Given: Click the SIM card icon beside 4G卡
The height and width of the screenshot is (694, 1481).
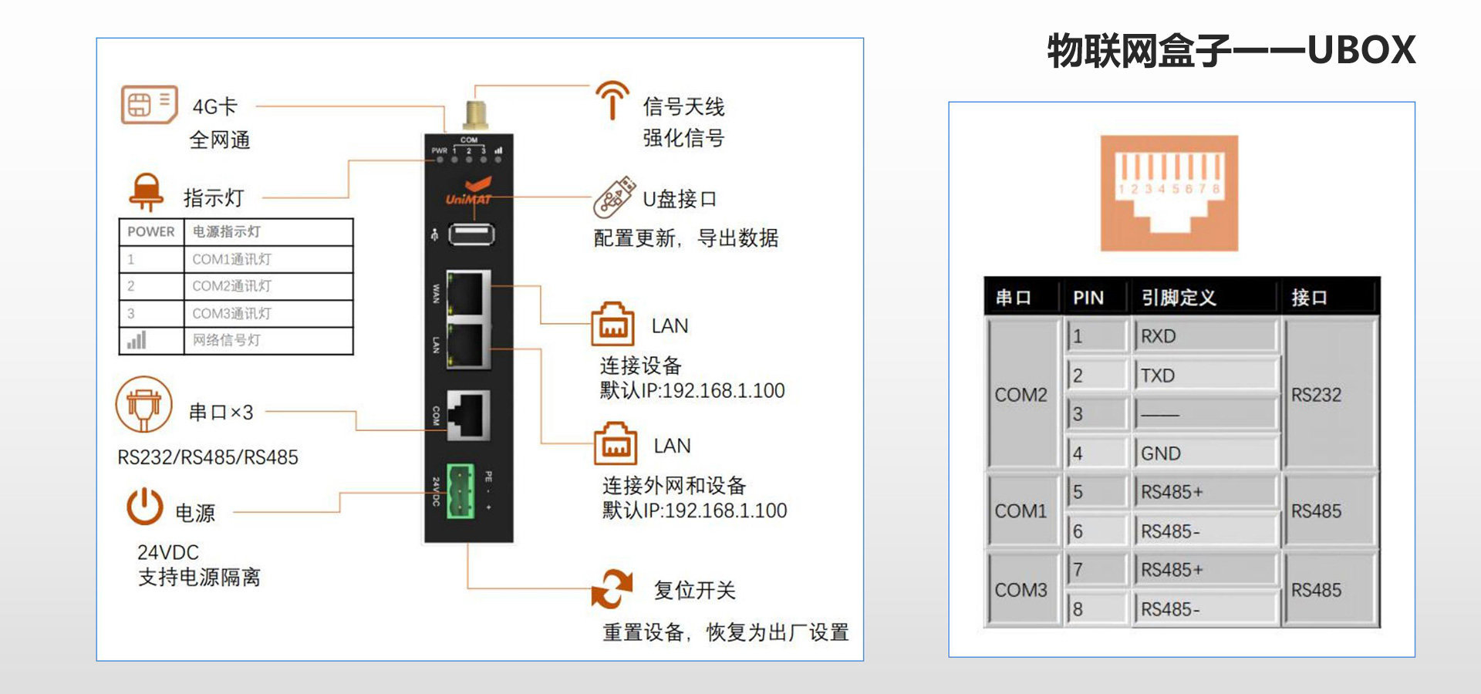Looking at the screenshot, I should coord(149,105).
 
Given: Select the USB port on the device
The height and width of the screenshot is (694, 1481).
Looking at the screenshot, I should coord(471,234).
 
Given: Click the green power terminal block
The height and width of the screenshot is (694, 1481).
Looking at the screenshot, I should coord(460,491).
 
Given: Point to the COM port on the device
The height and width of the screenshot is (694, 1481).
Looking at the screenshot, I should coord(468,414).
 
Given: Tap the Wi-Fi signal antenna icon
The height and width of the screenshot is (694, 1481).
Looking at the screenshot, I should coord(612,101).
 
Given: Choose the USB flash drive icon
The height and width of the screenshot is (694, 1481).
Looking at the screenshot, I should coord(614,197).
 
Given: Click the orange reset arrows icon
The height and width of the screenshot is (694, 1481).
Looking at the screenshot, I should coord(612,589).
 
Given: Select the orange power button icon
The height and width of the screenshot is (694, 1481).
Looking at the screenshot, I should coord(145,507).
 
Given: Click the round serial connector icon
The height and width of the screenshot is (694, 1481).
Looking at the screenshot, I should coord(143,404).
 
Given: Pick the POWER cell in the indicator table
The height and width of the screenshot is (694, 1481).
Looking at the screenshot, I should coord(151,232).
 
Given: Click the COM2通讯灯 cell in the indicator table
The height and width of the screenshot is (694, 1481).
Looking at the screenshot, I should coord(231,286).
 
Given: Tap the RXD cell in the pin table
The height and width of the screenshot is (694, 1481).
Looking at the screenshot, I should coord(1205,336).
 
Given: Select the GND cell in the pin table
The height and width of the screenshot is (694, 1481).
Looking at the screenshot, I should coord(1205,453).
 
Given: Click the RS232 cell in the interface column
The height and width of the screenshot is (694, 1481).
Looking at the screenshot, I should coord(1316,395).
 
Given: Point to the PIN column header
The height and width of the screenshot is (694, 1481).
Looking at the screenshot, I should coord(1088,298).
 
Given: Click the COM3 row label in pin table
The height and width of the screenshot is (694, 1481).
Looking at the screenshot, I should coord(1021,590).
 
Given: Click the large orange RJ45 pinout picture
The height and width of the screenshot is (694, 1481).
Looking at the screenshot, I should coord(1169,193).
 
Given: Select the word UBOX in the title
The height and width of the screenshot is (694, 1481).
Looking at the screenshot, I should coord(1361,50).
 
